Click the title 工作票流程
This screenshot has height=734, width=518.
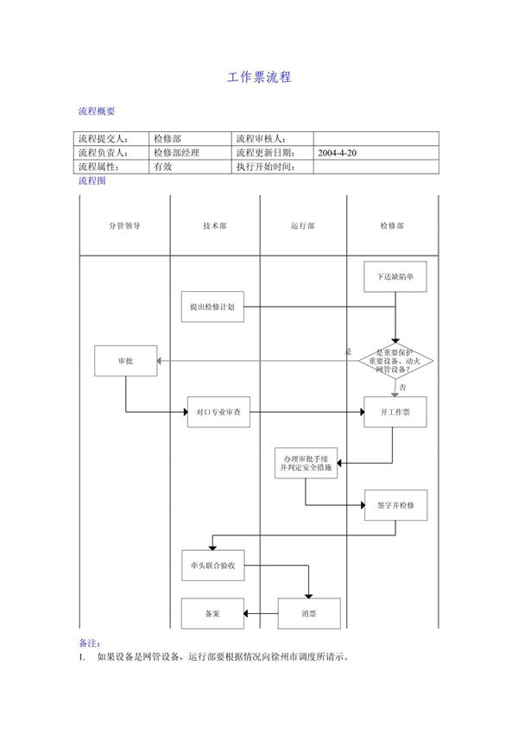coord(259,78)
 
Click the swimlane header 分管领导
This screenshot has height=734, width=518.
coord(124,225)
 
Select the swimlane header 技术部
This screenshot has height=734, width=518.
coord(215,225)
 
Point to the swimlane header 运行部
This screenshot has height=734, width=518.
coord(303,225)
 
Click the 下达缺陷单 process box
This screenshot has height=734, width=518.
coord(395,277)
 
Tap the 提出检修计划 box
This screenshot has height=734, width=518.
coord(212,307)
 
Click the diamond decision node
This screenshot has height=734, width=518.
coord(395,361)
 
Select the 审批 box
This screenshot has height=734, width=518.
coord(125,360)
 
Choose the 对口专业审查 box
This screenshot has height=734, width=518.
coord(218,413)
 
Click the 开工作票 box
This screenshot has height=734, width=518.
coord(395,413)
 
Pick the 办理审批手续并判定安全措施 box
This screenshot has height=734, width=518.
coord(305,464)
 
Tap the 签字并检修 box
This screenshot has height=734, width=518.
coord(395,505)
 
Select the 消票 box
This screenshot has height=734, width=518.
coord(308,613)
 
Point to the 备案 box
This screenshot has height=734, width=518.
coord(212,613)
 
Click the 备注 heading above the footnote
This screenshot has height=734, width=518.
coord(89,642)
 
